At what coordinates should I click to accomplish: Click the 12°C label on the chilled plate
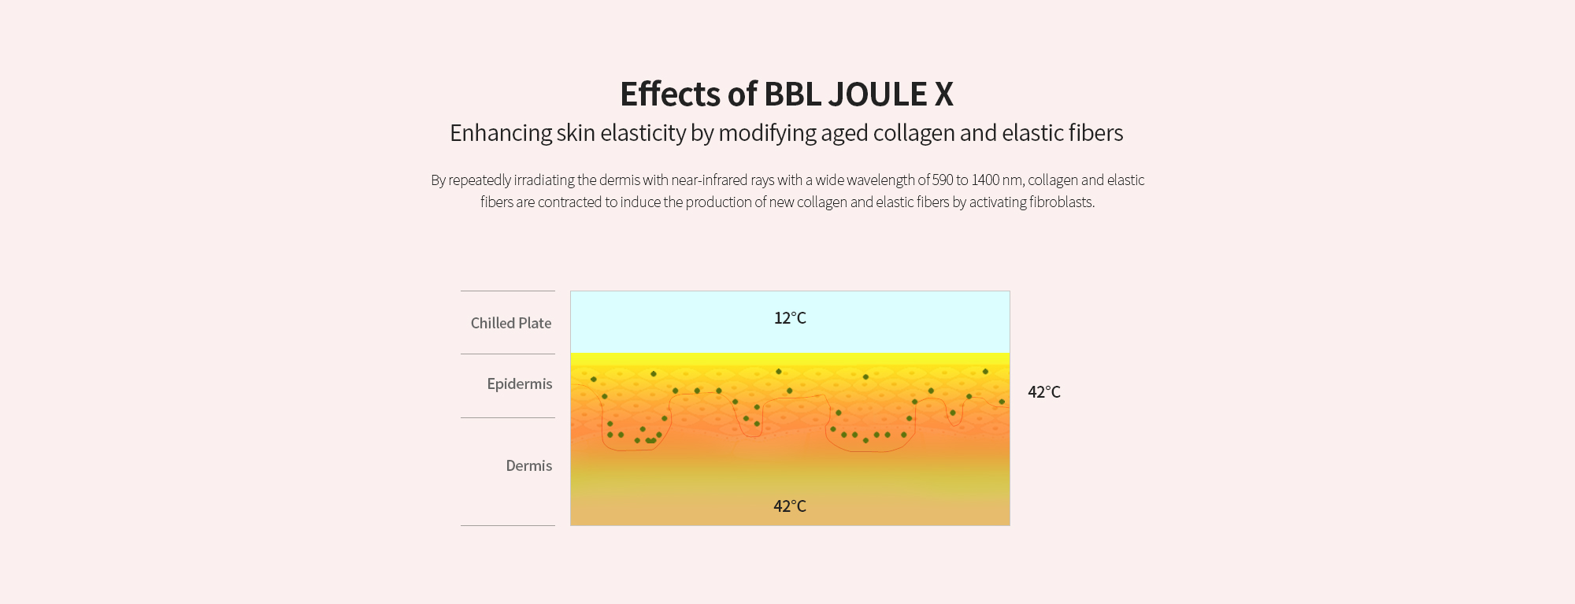[790, 318]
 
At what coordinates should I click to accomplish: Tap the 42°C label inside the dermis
[790, 506]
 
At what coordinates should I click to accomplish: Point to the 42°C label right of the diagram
[1044, 392]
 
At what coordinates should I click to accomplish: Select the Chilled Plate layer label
[511, 323]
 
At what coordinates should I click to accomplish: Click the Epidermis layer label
[520, 384]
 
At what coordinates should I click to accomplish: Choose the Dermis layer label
[529, 465]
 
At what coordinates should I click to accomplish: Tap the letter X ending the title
[944, 94]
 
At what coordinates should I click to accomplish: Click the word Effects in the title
[670, 94]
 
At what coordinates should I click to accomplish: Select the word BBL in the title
[792, 94]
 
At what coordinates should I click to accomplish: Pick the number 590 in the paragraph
[943, 180]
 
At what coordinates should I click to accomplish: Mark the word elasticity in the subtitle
[643, 133]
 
